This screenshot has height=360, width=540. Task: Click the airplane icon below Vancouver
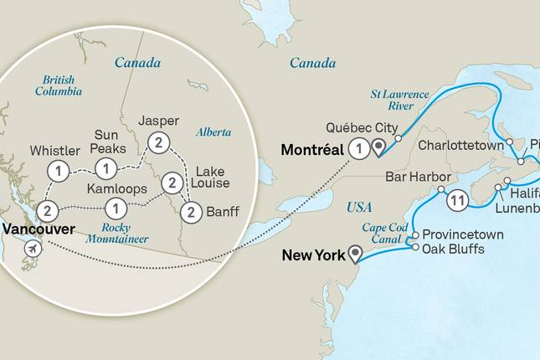point(33,249)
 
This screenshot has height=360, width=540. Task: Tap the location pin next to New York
point(358,254)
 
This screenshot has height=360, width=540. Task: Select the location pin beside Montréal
point(379,149)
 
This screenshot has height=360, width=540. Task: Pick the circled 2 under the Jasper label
point(155,142)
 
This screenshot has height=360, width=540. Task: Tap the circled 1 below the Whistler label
point(58,171)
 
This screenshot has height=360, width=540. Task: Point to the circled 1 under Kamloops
point(117,206)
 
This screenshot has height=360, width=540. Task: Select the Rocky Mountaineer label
point(120,233)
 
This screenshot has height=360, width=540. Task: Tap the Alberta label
point(212,132)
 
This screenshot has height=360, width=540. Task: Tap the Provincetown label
point(463,234)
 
